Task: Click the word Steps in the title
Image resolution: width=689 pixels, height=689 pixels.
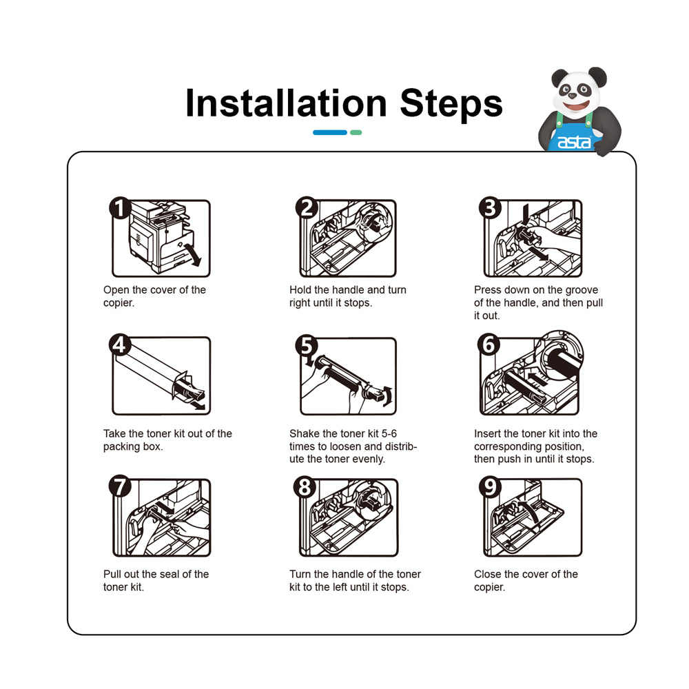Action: (451, 104)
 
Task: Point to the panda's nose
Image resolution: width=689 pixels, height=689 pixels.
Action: (573, 95)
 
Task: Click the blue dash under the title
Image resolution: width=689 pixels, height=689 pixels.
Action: (330, 132)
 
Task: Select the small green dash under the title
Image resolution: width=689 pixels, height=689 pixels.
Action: (356, 132)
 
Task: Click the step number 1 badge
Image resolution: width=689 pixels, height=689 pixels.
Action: (120, 208)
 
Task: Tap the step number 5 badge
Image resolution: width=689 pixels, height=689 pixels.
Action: (307, 345)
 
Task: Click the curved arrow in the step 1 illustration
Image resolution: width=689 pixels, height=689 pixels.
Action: (194, 255)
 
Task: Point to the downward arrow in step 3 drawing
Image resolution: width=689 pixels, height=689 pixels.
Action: (525, 214)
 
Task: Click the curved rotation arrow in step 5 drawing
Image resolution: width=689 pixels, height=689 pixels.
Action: (387, 395)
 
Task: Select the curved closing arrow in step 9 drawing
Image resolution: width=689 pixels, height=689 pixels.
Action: (531, 510)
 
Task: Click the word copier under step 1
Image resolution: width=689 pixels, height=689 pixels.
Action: (117, 302)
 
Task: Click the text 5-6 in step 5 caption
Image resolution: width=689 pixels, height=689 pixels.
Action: (389, 433)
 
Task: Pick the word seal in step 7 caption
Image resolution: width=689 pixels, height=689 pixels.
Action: (169, 574)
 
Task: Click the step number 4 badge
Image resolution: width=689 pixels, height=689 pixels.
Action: (120, 345)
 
